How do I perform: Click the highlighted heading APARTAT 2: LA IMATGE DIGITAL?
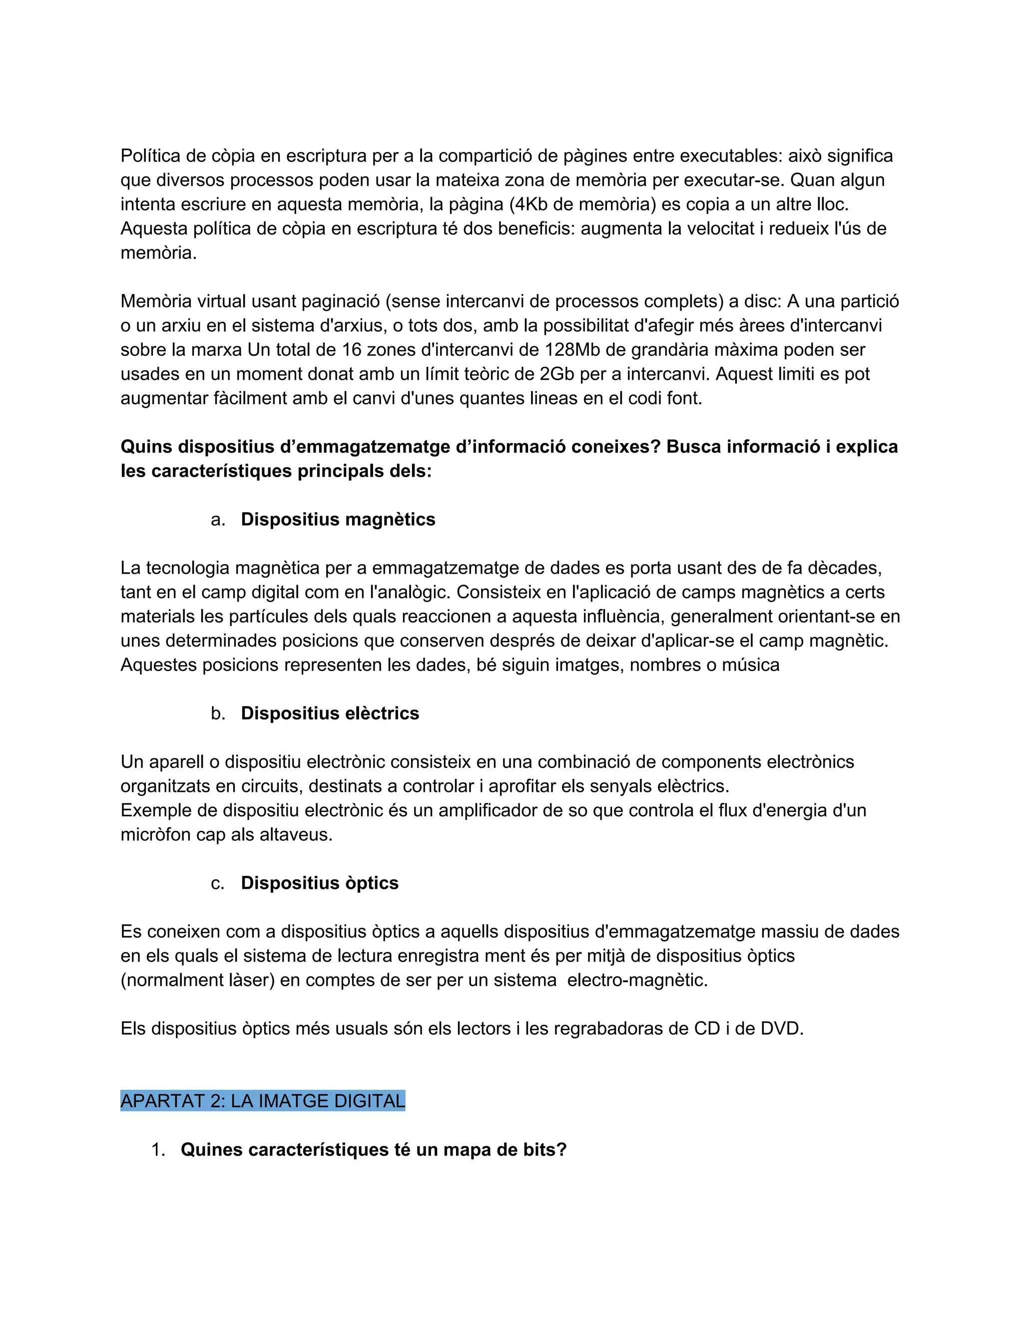[262, 1101]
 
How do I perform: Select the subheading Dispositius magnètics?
[338, 520]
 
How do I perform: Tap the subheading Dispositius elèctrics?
[330, 713]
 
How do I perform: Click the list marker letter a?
[218, 520]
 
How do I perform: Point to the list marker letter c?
[218, 884]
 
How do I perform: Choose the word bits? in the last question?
[545, 1150]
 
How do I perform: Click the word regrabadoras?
[613, 1029]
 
